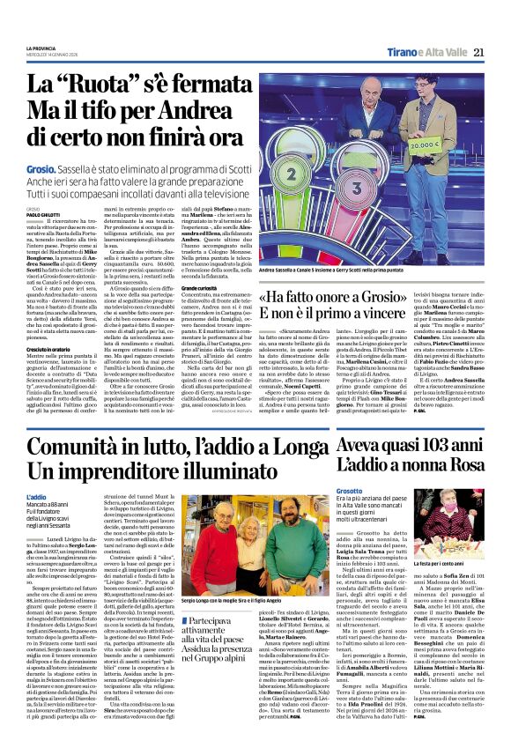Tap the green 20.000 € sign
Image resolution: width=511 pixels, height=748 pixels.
(449, 141)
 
